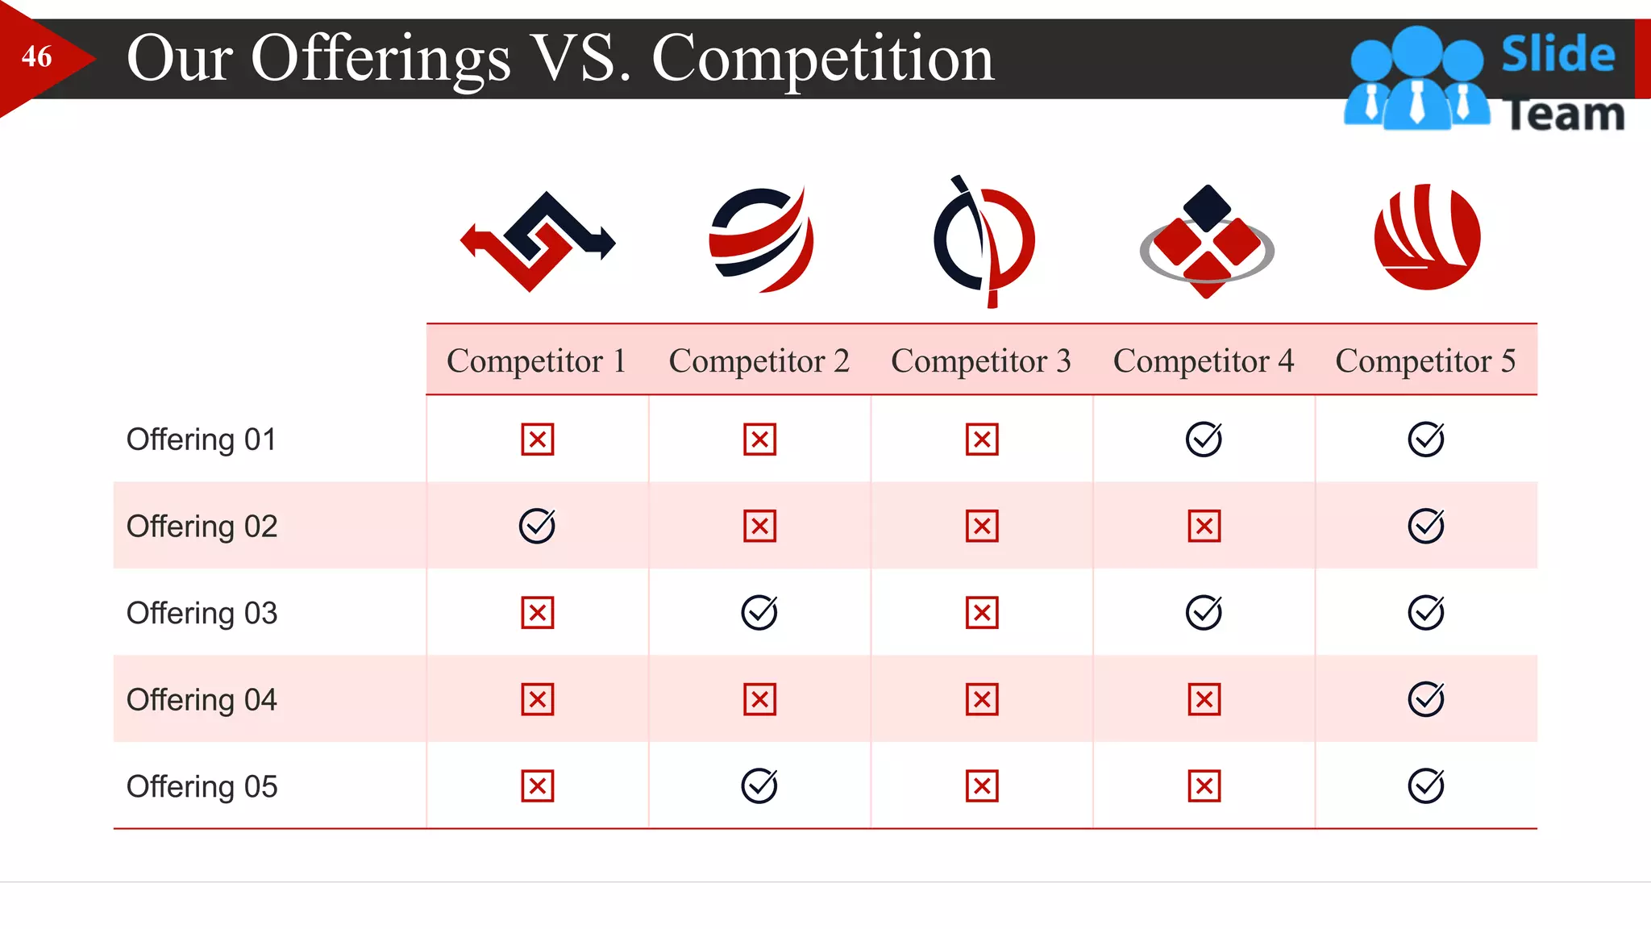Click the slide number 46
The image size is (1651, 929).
37,57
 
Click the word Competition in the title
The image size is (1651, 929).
823,59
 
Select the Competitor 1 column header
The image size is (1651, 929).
537,360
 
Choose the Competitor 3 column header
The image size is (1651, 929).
981,360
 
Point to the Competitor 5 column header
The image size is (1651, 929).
1425,360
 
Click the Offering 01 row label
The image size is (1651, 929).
202,440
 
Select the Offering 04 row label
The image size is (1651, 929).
202,700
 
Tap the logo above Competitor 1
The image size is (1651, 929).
538,240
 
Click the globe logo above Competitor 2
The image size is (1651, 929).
761,240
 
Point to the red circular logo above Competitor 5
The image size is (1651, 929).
1427,237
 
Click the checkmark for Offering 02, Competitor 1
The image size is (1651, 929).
537,526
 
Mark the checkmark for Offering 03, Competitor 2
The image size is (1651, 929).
759,613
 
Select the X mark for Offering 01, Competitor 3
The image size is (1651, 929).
982,440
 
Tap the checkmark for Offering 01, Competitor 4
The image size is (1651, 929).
1204,440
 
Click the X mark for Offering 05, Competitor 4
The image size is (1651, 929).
1204,786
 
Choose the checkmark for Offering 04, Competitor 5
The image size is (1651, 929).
1426,699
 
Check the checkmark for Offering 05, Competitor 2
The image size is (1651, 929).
759,786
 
